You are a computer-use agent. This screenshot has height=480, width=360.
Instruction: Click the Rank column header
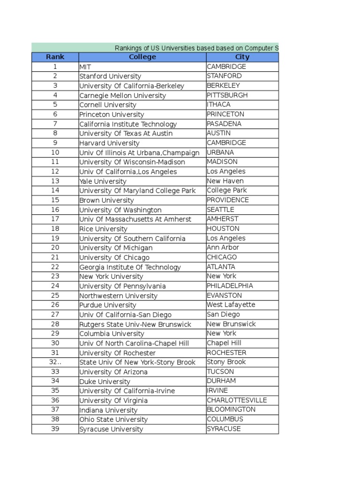pos(55,57)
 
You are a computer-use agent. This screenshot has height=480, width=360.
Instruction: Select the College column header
pos(142,57)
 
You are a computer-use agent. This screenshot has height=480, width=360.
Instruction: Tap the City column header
pos(242,57)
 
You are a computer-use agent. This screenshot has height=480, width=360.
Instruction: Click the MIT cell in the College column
pos(85,67)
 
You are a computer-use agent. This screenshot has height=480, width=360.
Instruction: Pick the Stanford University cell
pos(110,76)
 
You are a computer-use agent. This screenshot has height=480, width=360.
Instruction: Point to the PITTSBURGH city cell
pos(227,95)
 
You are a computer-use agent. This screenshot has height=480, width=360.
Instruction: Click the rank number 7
pos(55,124)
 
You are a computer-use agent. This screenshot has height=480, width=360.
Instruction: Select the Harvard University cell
pos(109,143)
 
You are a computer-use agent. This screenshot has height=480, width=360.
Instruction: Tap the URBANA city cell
pos(220,152)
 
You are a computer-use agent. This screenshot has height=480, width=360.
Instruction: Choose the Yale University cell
pos(103,181)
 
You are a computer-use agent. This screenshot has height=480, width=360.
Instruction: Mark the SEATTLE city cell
pos(220,210)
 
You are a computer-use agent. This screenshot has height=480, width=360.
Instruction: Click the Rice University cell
pos(103,229)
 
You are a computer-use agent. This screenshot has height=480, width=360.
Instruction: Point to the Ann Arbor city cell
pos(223,247)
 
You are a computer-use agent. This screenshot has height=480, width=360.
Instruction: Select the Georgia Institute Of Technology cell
pos(130,267)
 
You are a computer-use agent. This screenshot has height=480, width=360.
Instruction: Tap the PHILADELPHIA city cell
pos(230,286)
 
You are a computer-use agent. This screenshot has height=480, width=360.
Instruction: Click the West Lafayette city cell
pos(231,305)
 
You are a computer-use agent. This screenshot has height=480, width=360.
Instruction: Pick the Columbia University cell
pos(112,334)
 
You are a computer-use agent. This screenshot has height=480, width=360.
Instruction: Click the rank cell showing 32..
pos(55,362)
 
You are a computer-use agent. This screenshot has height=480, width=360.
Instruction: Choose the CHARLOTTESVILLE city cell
pos(237,400)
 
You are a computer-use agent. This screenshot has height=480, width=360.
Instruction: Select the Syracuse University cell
pos(111,429)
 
